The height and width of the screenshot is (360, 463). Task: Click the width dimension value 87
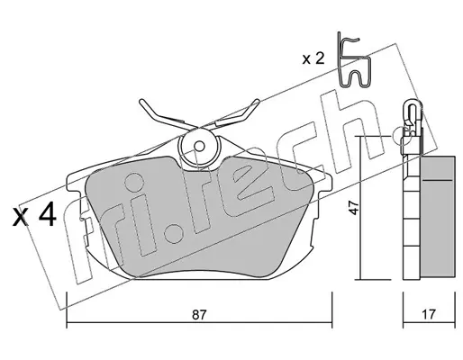(x=199, y=315)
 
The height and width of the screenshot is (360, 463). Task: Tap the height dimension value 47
(x=355, y=208)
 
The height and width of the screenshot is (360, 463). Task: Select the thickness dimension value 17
(x=429, y=314)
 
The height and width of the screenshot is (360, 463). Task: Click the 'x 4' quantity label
(x=34, y=214)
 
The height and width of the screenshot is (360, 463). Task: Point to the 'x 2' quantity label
(x=313, y=58)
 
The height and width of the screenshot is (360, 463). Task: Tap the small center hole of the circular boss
(x=199, y=147)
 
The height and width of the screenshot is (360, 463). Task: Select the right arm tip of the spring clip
(x=257, y=101)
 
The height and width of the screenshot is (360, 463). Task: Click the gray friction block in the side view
(x=438, y=215)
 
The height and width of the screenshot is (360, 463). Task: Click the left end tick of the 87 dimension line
(x=67, y=310)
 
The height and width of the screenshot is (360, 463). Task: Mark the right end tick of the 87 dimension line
(x=331, y=310)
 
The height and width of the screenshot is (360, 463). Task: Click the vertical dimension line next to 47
(x=360, y=208)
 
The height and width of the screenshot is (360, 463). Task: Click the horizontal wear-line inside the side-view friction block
(x=437, y=180)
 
